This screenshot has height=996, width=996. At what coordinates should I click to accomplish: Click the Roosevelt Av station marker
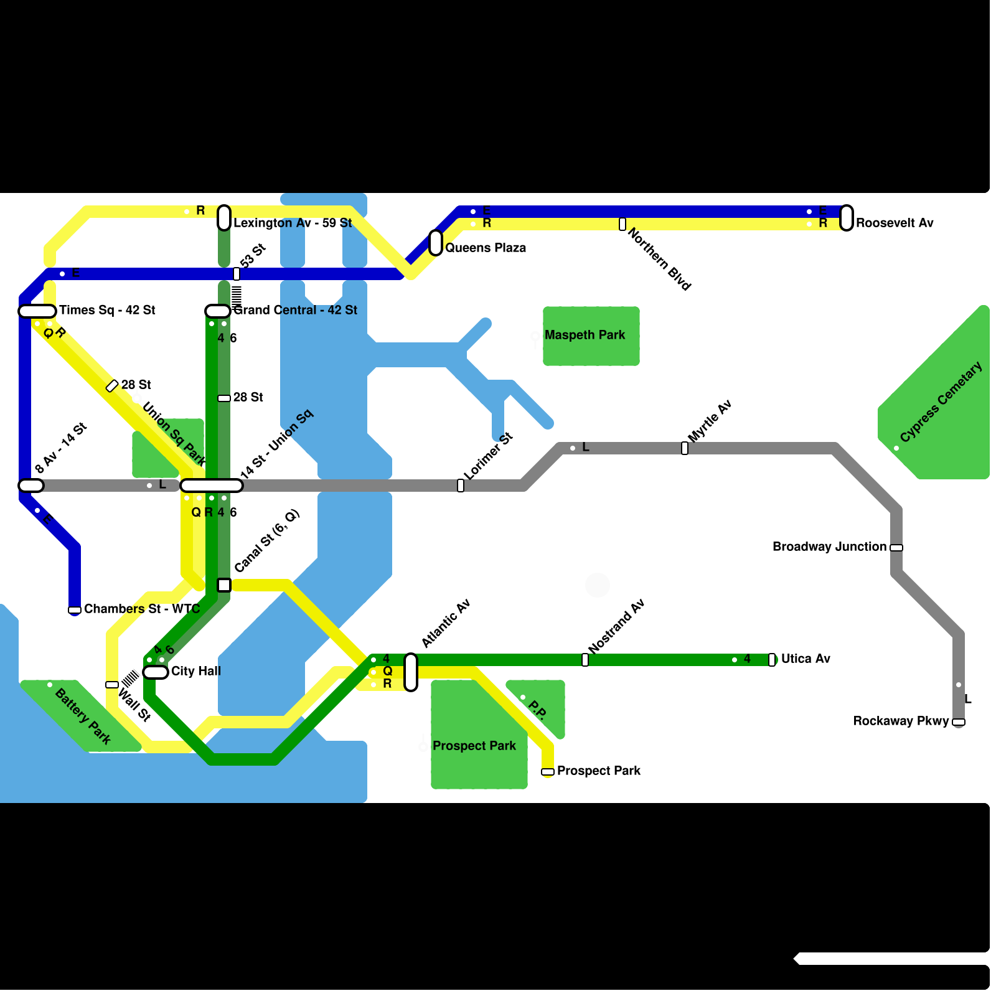tap(847, 218)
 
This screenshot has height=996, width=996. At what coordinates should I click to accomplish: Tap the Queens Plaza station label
tap(486, 248)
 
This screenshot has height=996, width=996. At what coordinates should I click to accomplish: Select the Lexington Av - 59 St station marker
tap(224, 218)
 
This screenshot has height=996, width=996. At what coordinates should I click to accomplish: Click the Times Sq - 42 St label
tap(107, 310)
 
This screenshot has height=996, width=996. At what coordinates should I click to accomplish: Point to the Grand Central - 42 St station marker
tap(218, 311)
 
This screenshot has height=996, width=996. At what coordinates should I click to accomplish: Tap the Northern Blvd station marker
tap(622, 224)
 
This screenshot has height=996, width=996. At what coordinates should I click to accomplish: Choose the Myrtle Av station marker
tap(685, 448)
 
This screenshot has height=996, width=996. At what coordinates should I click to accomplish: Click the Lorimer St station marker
tap(461, 486)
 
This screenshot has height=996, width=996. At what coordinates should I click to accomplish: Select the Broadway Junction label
tap(829, 547)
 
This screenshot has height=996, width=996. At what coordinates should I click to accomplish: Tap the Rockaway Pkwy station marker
tap(959, 722)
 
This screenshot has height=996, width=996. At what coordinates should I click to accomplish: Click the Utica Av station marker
tap(772, 660)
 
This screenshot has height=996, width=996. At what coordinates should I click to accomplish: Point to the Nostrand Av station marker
tap(585, 660)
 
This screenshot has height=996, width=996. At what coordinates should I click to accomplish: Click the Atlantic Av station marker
tap(411, 672)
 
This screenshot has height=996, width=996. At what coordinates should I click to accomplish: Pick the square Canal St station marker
tap(224, 585)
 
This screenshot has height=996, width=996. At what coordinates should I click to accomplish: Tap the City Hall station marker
tap(156, 672)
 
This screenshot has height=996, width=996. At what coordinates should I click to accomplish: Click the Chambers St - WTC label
tap(142, 609)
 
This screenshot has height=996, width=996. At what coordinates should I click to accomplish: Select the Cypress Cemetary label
tap(941, 402)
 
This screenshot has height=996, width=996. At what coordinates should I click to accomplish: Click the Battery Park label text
tap(83, 716)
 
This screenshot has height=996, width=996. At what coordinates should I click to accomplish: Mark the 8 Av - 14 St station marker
tap(31, 486)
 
